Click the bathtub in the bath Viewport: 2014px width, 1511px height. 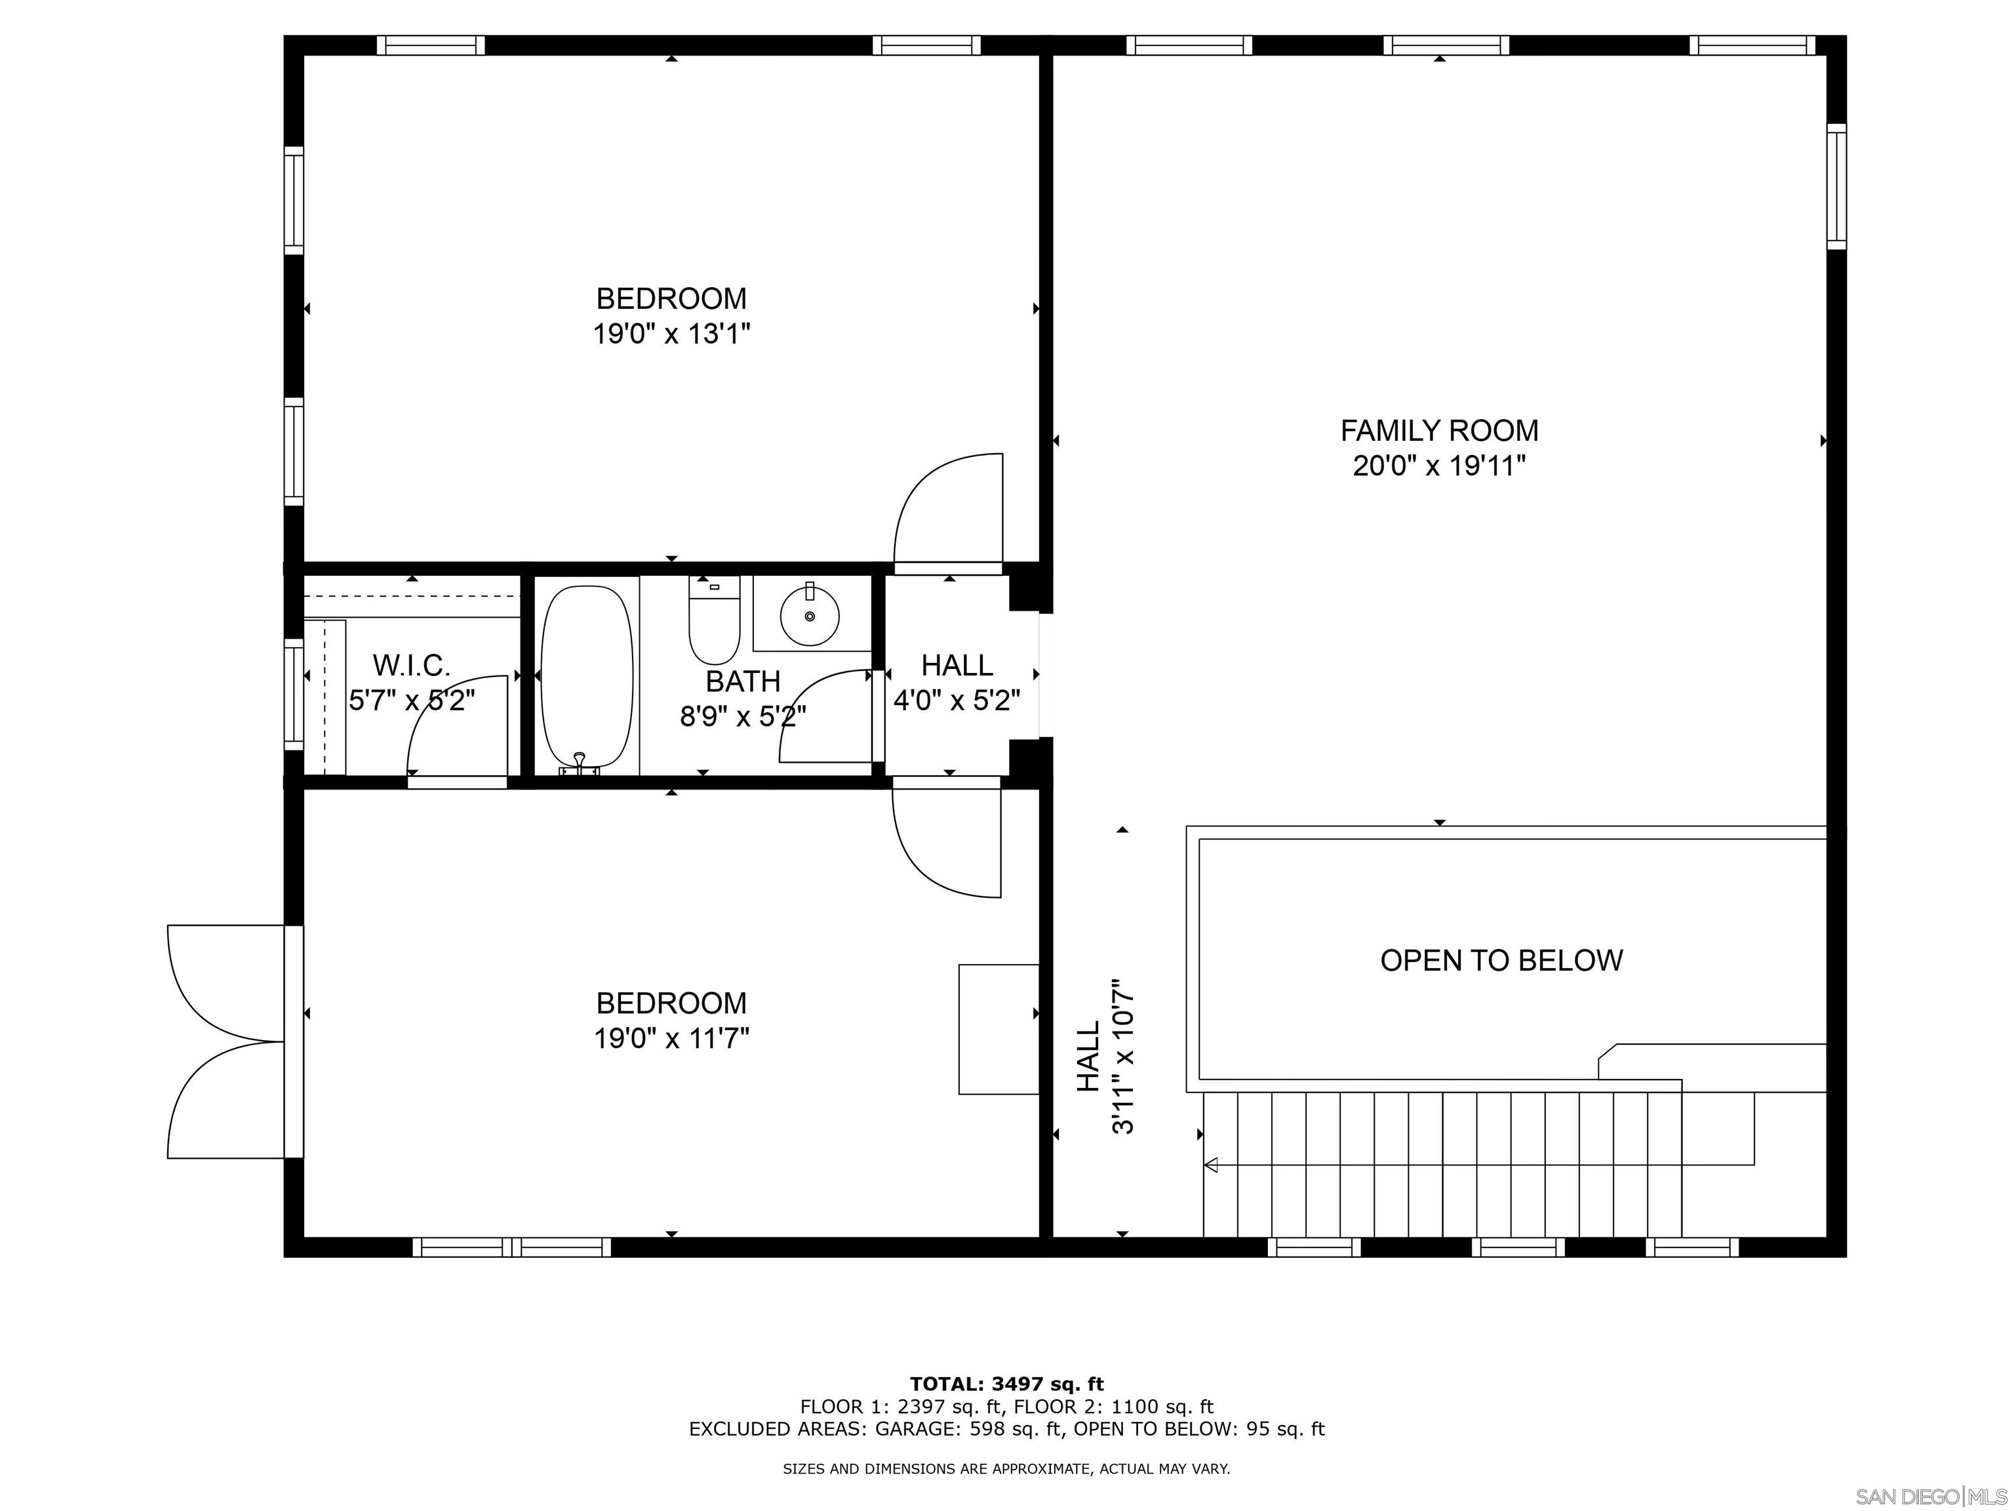click(587, 677)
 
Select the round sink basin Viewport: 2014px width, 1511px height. click(810, 616)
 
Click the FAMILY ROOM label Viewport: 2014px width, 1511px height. click(1438, 430)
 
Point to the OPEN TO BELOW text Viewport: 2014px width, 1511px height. click(1501, 960)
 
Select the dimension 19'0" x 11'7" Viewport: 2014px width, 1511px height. click(671, 1038)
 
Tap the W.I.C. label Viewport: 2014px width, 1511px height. click(412, 666)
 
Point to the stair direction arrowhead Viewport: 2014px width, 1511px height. click(1211, 1164)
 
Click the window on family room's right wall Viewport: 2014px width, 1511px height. click(1836, 187)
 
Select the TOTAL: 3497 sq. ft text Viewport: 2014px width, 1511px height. click(1006, 1384)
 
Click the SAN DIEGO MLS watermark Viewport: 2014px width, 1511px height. click(1930, 1497)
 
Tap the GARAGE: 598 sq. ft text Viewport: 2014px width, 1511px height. click(968, 1429)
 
